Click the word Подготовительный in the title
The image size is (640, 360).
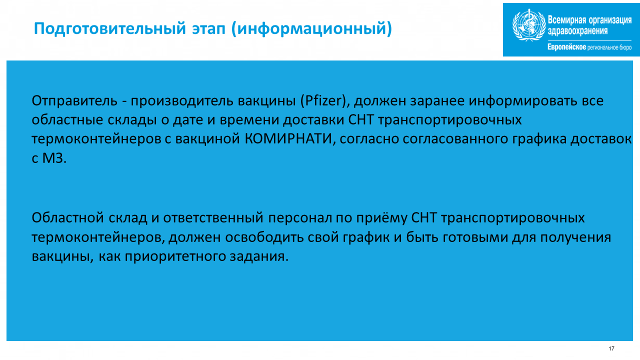[x=110, y=29]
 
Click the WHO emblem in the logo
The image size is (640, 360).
[x=529, y=25]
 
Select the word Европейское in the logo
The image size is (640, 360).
[x=566, y=47]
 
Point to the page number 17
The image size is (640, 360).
[x=611, y=348]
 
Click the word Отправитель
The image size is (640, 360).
[x=74, y=101]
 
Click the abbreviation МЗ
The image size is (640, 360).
[x=54, y=158]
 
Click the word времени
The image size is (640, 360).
[x=249, y=120]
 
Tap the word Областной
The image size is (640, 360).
[x=67, y=217]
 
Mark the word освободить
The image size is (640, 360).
[x=264, y=237]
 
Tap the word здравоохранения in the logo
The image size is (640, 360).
[x=577, y=31]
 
